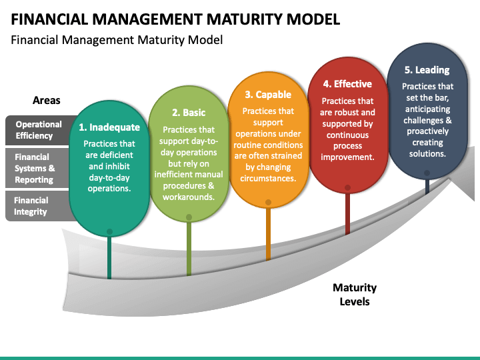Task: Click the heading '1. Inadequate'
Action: (x=109, y=127)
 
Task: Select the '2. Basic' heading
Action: (x=189, y=113)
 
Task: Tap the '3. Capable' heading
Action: (x=268, y=95)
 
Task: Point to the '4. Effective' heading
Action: (x=347, y=84)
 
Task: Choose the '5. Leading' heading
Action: (x=427, y=70)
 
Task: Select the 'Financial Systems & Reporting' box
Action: (x=37, y=168)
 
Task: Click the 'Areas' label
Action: (x=47, y=101)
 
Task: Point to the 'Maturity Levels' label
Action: (x=355, y=295)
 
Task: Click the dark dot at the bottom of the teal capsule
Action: (x=109, y=232)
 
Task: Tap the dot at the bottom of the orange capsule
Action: (x=268, y=203)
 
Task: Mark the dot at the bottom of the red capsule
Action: (x=347, y=187)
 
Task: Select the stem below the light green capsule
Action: (x=189, y=249)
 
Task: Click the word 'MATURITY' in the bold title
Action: (x=245, y=19)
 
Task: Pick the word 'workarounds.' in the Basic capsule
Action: (x=189, y=197)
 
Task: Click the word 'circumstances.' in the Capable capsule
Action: (x=268, y=179)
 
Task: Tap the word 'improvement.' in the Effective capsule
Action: (x=347, y=157)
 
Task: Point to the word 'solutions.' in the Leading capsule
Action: (x=427, y=154)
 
